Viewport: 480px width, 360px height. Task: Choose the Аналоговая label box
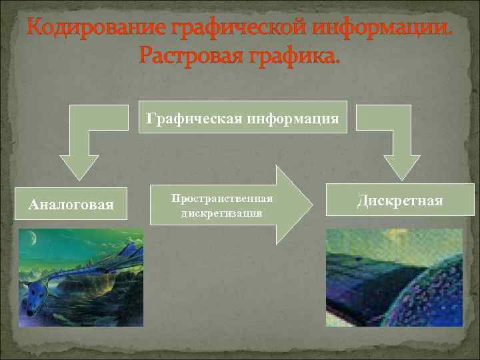71,203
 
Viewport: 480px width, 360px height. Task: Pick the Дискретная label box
399,200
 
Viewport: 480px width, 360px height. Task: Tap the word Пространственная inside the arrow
222,200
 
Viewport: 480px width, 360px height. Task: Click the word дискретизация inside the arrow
222,213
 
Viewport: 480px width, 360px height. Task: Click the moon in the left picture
32,236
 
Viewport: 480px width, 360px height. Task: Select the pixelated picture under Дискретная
393,277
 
